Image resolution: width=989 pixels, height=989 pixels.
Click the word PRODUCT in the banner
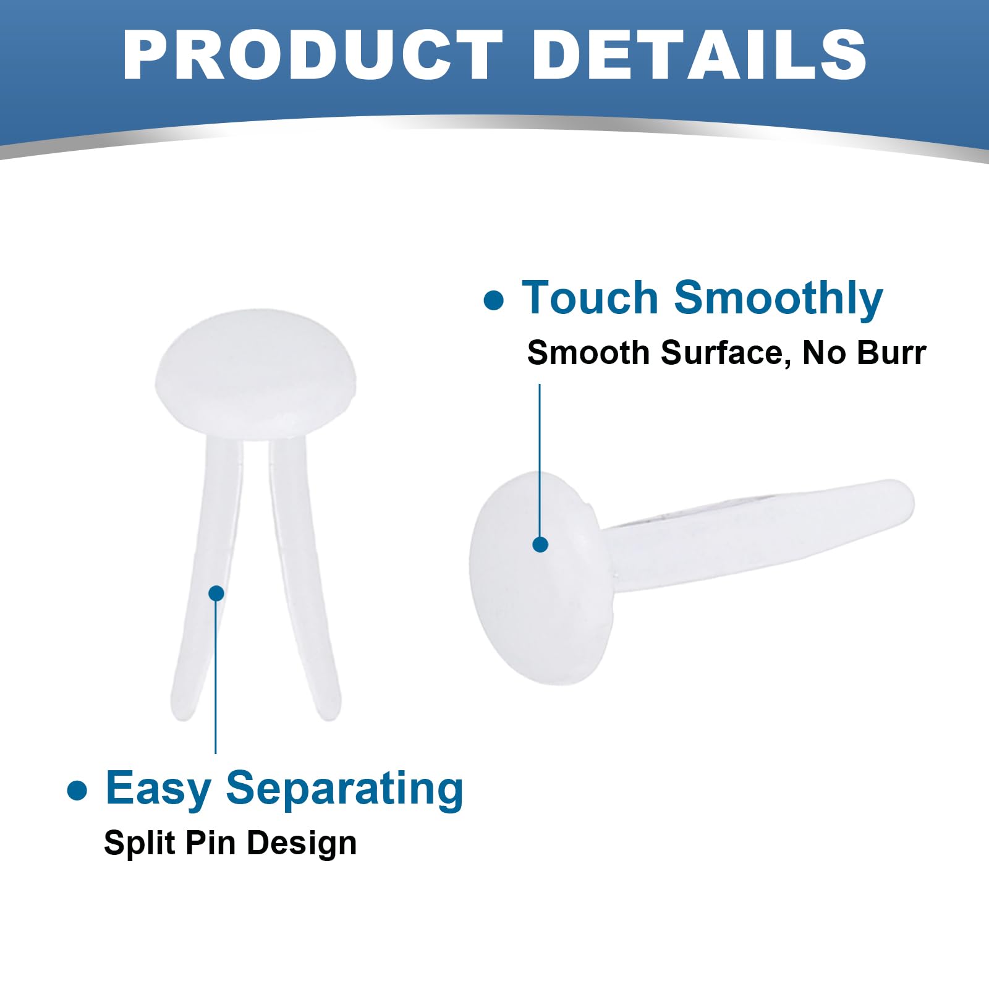pyautogui.click(x=313, y=54)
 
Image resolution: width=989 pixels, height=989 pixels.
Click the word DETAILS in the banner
pyautogui.click(x=699, y=54)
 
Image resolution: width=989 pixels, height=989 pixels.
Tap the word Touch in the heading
pyautogui.click(x=590, y=298)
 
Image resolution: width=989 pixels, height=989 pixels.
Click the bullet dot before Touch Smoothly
pyautogui.click(x=494, y=301)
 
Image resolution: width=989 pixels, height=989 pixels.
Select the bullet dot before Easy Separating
pyautogui.click(x=77, y=791)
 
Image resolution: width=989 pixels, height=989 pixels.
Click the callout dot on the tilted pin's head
pyautogui.click(x=540, y=545)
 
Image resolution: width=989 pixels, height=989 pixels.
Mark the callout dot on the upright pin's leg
pyautogui.click(x=216, y=593)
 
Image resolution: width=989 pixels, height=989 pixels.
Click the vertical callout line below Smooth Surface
pyautogui.click(x=540, y=461)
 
